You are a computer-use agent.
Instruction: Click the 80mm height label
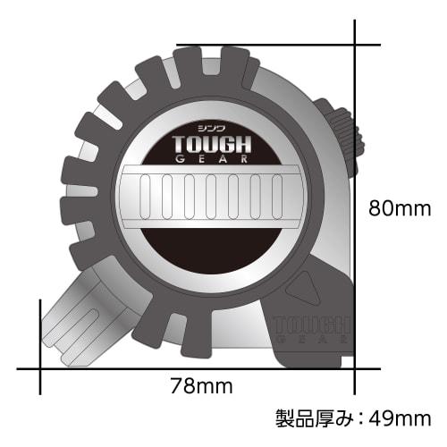click(x=401, y=209)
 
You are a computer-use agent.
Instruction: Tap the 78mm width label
click(x=202, y=386)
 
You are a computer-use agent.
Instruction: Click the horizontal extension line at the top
click(x=268, y=43)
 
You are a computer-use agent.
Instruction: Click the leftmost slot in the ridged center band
click(x=145, y=191)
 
